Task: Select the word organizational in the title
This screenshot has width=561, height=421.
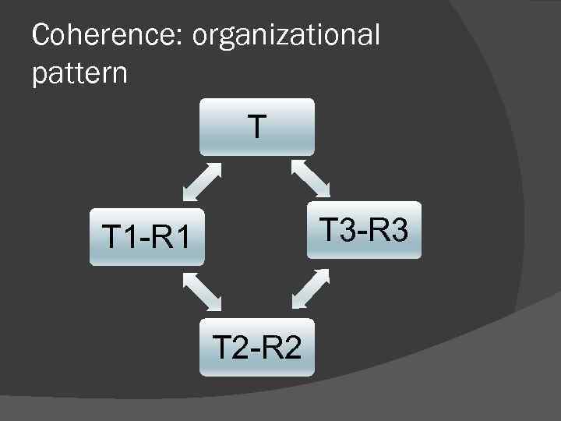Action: point(284,36)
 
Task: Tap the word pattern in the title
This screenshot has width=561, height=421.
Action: point(79,73)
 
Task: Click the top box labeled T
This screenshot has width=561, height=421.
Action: point(257,126)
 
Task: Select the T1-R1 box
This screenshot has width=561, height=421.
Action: point(146,236)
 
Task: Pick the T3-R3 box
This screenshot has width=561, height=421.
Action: point(364,230)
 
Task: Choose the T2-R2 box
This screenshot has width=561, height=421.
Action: point(257,346)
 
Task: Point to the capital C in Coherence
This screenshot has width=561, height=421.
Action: point(42,34)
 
